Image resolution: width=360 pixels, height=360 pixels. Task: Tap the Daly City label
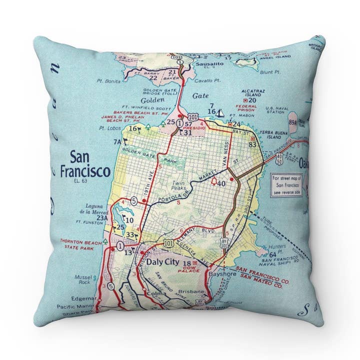160,261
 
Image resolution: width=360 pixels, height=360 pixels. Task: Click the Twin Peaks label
179,185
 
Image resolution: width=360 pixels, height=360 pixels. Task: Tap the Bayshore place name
223,274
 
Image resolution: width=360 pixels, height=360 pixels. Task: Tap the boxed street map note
286,185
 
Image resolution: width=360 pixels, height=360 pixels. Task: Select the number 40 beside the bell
221,184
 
